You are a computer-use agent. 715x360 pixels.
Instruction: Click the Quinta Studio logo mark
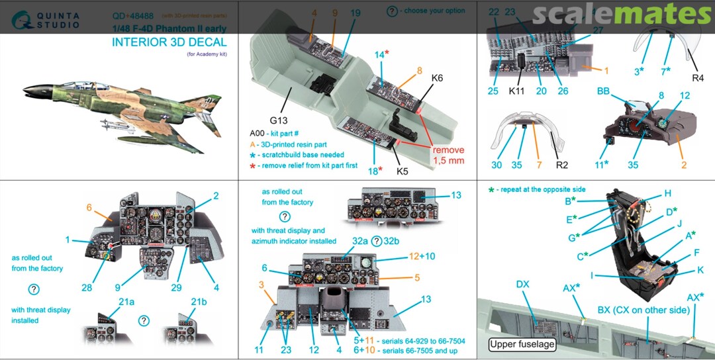click(16, 21)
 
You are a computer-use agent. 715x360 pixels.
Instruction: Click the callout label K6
click(437, 78)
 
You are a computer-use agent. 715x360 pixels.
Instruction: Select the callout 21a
click(126, 302)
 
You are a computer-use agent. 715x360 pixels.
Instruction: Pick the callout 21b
click(199, 302)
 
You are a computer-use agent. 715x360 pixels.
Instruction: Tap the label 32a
click(360, 241)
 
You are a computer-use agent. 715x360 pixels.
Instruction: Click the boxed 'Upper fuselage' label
click(522, 344)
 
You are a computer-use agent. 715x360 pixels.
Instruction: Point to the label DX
click(522, 285)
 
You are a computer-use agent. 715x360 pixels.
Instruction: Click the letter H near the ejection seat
click(668, 193)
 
